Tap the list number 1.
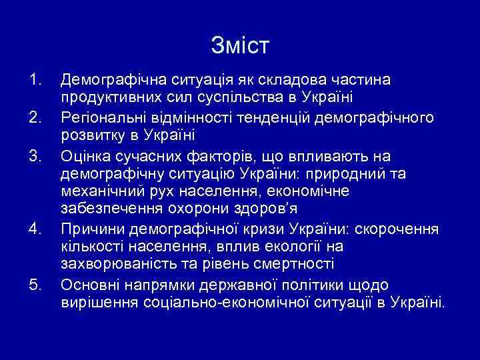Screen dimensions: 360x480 (x=35, y=81)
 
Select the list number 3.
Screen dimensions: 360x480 (x=35, y=156)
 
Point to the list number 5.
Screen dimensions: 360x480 (x=35, y=286)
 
